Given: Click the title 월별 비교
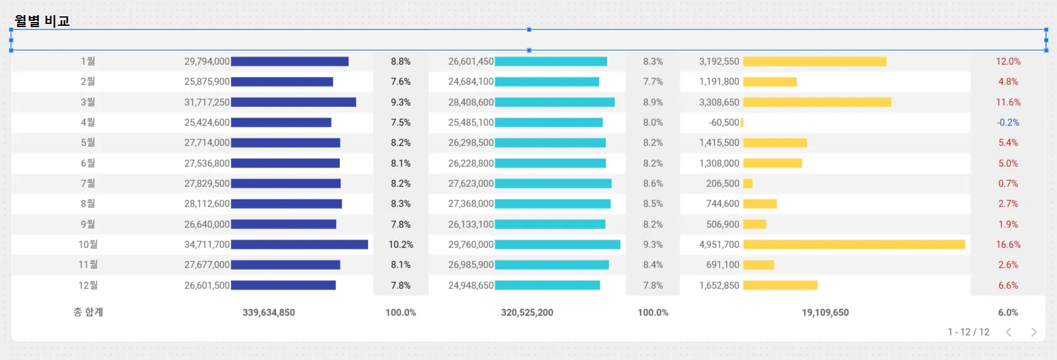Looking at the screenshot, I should click(42, 21).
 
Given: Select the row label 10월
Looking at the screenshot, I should click(88, 244).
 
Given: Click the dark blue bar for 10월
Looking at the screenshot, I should click(299, 244).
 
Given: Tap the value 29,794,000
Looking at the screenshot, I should click(206, 62).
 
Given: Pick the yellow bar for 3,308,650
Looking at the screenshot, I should click(817, 102).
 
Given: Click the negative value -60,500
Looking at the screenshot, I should click(724, 123).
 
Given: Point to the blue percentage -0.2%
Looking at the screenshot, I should click(1008, 123).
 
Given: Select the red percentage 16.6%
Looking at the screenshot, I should click(1008, 244).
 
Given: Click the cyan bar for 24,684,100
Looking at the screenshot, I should click(547, 82).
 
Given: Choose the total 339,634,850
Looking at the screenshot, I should click(269, 312).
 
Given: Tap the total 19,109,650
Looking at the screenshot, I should click(825, 312).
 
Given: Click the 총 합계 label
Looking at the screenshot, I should click(88, 312).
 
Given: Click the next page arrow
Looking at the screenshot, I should click(1033, 332).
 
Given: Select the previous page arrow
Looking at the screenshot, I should click(1009, 332).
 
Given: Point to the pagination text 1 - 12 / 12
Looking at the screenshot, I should click(968, 332).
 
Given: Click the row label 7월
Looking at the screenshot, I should click(88, 183).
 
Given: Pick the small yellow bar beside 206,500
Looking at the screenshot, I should click(747, 183).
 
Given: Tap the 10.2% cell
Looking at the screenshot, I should click(400, 244).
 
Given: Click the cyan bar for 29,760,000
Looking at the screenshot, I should click(557, 244).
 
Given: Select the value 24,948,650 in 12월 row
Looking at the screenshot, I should click(471, 285).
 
